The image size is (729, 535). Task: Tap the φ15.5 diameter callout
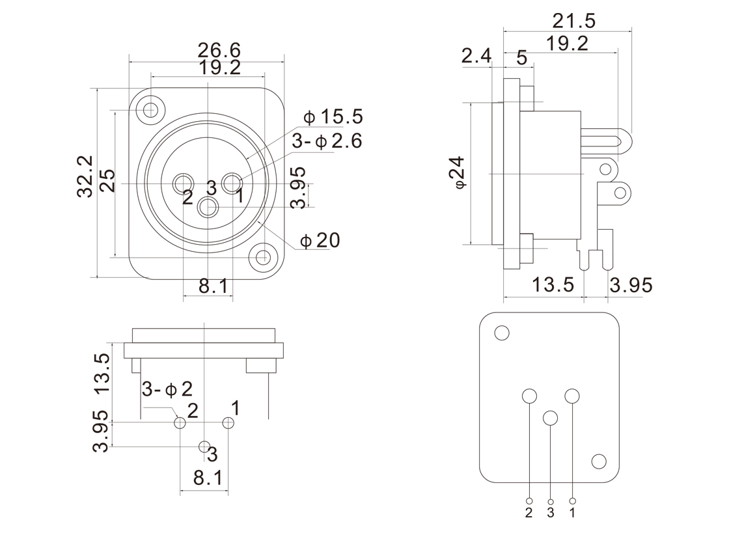click(333, 117)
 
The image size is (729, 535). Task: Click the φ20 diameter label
click(320, 241)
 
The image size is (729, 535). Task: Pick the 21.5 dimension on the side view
click(573, 21)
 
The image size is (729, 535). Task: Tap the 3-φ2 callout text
click(167, 389)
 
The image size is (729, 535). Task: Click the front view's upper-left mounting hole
click(151, 109)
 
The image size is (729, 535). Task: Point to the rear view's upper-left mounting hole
click(501, 333)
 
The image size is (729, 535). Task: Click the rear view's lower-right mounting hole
click(599, 461)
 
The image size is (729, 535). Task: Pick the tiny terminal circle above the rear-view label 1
click(572, 501)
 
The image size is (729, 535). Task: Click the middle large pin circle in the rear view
click(551, 418)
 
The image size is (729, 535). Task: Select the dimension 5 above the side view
click(521, 57)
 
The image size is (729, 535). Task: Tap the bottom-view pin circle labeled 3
click(204, 446)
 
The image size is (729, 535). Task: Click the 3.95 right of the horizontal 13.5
click(631, 285)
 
